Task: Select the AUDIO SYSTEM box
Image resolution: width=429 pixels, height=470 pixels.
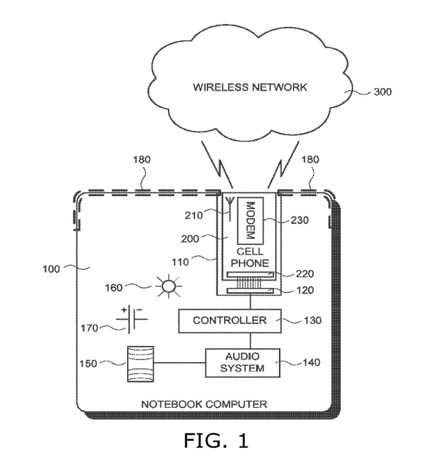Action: pos(242,362)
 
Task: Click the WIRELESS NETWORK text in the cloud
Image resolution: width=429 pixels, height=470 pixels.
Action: pos(250,87)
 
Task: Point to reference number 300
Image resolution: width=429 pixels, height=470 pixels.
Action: pos(382,92)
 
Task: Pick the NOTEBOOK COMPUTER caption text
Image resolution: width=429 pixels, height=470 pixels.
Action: pos(204,404)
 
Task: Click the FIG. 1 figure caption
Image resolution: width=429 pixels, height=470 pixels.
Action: pos(215,441)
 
